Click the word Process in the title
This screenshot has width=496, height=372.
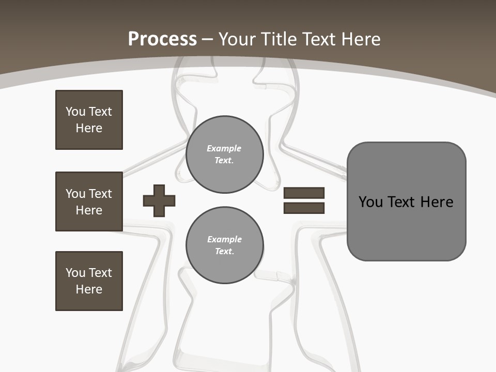162,39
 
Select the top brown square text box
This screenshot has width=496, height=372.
89,120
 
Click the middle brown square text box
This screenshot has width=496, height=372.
89,202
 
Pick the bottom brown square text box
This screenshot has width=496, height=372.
89,281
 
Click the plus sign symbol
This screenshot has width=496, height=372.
159,200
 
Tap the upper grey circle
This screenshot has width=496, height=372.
224,154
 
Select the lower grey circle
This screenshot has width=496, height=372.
224,245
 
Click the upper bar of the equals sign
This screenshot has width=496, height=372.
304,193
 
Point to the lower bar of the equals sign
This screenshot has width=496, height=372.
304,208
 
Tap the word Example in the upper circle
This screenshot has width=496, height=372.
224,148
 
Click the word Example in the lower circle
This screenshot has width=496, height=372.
224,239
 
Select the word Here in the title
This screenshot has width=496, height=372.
361,39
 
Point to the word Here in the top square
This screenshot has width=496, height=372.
89,128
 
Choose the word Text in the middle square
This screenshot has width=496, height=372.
100,194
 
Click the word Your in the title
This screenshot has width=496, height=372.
236,39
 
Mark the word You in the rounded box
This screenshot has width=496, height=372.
370,202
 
